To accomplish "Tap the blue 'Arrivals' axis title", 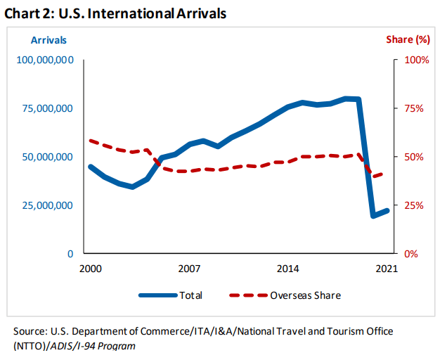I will [48, 39].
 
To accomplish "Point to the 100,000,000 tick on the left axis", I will [44, 60].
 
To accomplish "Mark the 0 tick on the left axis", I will [70, 254].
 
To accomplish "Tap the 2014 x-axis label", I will [287, 269].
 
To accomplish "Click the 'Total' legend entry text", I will [190, 295].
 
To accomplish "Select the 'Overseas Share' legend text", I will [305, 295].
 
